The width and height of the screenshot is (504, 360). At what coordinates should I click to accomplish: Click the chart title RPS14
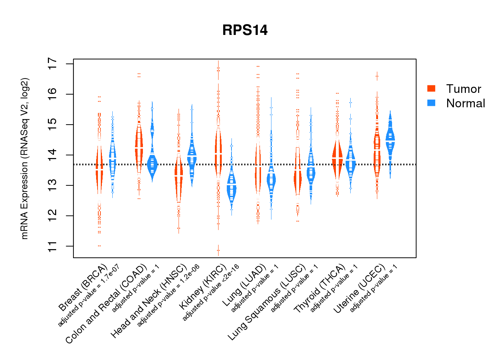(245, 30)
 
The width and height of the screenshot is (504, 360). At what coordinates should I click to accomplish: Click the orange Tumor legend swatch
(431, 89)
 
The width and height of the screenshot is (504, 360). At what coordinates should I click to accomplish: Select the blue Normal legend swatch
(431, 103)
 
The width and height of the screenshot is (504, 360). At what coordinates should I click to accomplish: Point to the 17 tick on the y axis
(53, 64)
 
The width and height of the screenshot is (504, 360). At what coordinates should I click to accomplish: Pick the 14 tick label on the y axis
(53, 155)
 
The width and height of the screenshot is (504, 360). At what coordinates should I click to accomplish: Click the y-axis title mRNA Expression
(24, 158)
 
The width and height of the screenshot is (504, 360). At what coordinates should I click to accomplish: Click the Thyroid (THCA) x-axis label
(320, 288)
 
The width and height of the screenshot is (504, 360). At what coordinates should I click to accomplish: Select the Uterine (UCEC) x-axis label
(359, 288)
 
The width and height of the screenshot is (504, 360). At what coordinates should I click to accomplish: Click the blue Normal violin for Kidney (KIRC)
(231, 187)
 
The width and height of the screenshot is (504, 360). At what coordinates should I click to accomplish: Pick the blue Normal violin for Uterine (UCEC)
(390, 139)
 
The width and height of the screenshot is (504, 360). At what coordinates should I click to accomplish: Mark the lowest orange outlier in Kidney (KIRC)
(218, 250)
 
